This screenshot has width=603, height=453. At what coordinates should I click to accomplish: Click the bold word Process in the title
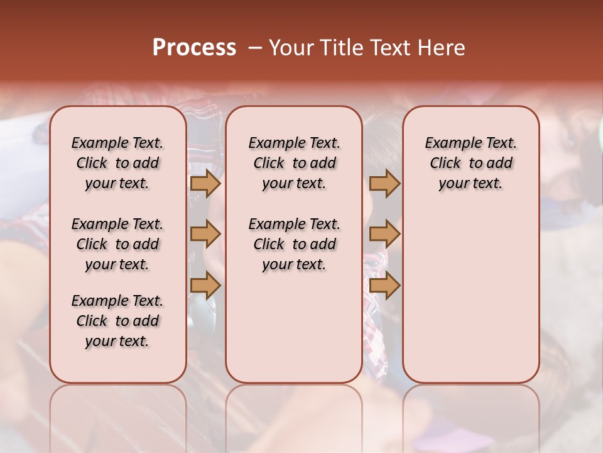click(194, 48)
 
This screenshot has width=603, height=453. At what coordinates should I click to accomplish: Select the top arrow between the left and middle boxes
click(205, 183)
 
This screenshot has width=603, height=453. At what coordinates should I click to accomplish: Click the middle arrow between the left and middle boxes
click(205, 234)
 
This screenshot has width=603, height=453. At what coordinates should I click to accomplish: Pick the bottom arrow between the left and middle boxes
click(205, 285)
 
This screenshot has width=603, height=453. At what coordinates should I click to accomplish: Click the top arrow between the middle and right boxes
click(384, 183)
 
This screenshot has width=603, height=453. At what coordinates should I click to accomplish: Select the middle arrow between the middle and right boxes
click(384, 234)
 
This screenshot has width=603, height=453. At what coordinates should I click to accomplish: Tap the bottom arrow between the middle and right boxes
click(384, 285)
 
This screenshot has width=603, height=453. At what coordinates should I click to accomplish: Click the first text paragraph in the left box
click(117, 163)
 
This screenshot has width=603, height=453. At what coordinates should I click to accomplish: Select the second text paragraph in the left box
click(117, 244)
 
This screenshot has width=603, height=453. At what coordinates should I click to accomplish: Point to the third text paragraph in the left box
click(117, 321)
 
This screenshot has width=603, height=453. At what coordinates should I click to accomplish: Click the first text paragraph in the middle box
click(294, 163)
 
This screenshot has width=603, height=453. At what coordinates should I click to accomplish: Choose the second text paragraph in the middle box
click(294, 244)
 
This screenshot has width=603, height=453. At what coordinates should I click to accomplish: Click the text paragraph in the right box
click(470, 163)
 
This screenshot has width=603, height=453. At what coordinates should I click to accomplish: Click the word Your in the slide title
click(289, 48)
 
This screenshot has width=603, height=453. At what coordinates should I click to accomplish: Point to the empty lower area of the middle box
click(294, 327)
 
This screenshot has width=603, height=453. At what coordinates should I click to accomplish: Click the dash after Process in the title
click(254, 48)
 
